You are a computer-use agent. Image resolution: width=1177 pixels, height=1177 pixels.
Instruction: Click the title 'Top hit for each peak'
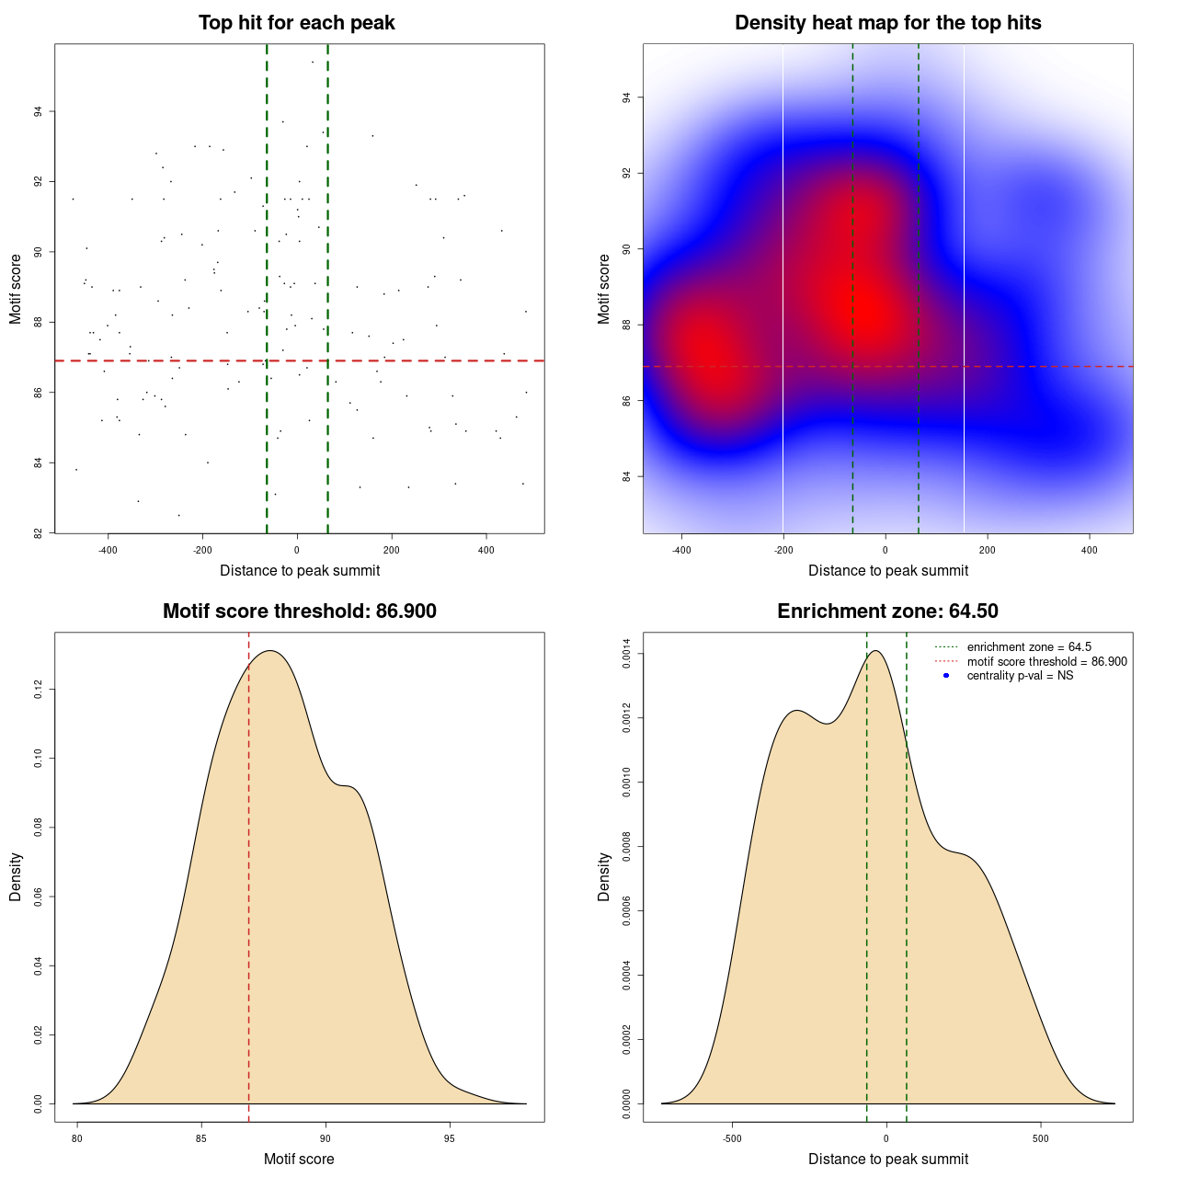coord(296,23)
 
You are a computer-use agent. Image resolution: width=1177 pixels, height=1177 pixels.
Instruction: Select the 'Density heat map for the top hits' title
coord(887,23)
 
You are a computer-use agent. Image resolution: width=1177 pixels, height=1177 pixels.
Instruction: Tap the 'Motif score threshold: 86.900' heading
coord(299,611)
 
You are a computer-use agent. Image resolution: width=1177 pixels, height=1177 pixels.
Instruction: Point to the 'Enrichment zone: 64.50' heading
coord(887,611)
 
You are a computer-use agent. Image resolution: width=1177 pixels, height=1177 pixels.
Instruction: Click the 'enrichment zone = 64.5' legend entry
coord(1029,647)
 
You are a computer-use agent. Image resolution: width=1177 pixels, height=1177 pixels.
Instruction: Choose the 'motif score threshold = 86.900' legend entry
coord(1046,662)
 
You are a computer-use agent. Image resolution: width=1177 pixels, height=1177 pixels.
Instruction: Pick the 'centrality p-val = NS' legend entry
coord(1020,676)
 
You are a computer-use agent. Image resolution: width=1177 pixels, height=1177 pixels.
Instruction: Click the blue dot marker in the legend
coord(946,676)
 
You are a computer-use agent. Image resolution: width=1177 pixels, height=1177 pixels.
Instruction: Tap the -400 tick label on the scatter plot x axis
coord(108,550)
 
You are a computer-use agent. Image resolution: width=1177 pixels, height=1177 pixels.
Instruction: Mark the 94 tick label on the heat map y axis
coord(626,97)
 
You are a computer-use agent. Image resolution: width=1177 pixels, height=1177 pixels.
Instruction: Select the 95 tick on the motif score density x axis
coord(449,1138)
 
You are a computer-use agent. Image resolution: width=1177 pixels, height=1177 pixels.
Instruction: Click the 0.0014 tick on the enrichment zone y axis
coord(626,654)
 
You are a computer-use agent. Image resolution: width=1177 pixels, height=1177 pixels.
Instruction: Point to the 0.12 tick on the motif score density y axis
coord(38,690)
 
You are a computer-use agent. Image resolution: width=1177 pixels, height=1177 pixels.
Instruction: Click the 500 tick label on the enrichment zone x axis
coord(1040,1138)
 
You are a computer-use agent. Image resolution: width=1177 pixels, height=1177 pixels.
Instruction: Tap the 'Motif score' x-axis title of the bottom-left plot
coord(299,1160)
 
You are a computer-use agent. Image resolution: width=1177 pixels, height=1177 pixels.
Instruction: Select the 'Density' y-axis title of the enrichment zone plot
coord(604,876)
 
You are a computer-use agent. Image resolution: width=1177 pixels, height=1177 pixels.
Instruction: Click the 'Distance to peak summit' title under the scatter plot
coord(300,571)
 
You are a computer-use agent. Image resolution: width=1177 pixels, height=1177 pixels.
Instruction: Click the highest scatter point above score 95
coord(313,62)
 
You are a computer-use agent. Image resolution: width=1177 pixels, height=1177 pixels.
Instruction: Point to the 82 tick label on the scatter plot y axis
coord(38,533)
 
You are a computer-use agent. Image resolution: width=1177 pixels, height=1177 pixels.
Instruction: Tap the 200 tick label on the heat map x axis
coord(987,550)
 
